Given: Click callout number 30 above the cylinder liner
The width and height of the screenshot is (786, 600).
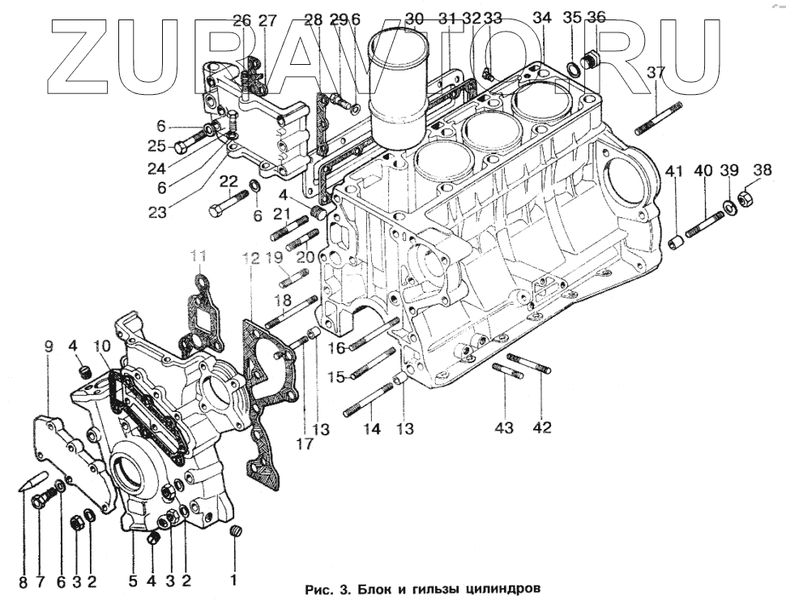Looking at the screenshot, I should pos(414,19).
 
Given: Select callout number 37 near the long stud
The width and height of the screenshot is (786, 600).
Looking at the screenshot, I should pos(656,73).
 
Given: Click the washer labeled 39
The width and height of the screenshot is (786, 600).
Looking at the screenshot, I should pos(729,205).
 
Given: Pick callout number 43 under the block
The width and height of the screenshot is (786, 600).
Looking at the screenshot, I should pos(504,427).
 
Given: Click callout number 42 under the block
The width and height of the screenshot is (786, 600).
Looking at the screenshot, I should pos(541,427).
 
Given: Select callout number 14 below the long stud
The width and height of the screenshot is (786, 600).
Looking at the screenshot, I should pos(371,430).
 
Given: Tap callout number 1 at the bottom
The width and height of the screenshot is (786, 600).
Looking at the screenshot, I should pos(234,580).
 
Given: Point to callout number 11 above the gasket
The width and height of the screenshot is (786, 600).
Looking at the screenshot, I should pos(199,259).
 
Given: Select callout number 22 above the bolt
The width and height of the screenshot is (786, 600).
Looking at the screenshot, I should pos(229,182).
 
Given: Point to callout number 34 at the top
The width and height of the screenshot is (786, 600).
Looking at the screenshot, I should pos(542,19).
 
